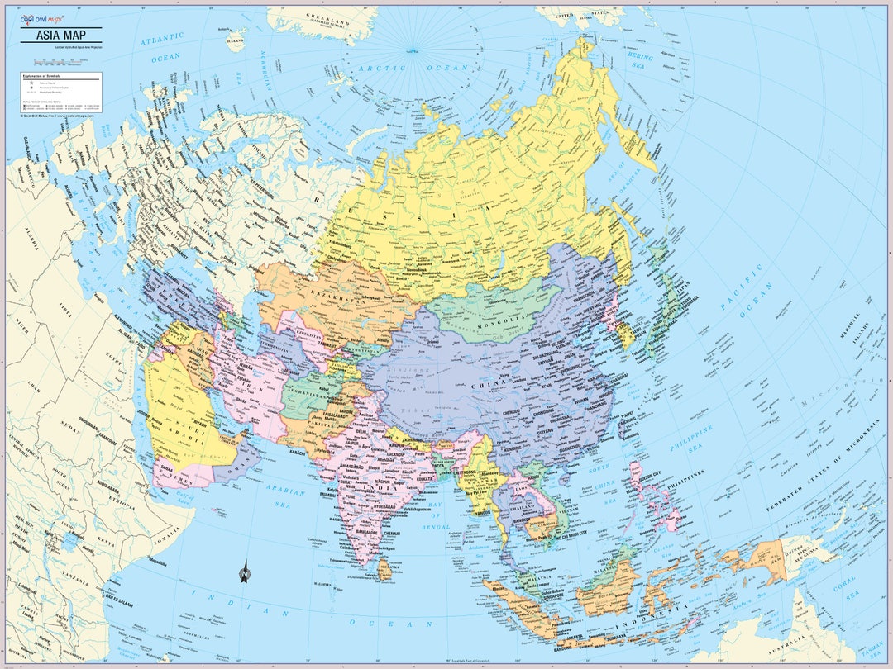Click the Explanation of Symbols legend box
60,92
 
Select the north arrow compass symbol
245,571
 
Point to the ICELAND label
236,39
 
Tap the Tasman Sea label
868,652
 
